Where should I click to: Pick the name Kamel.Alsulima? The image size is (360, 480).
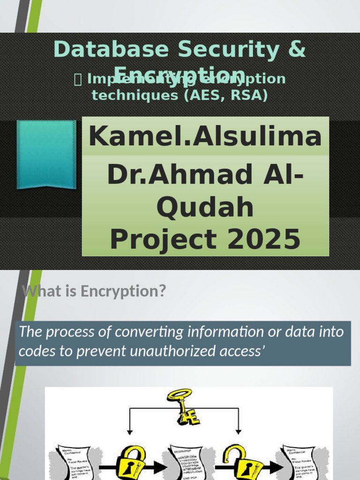tap(205, 137)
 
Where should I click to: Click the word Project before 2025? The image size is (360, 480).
tap(163, 239)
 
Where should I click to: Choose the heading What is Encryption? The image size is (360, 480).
tap(94, 291)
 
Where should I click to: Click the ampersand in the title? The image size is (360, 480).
tap(294, 50)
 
